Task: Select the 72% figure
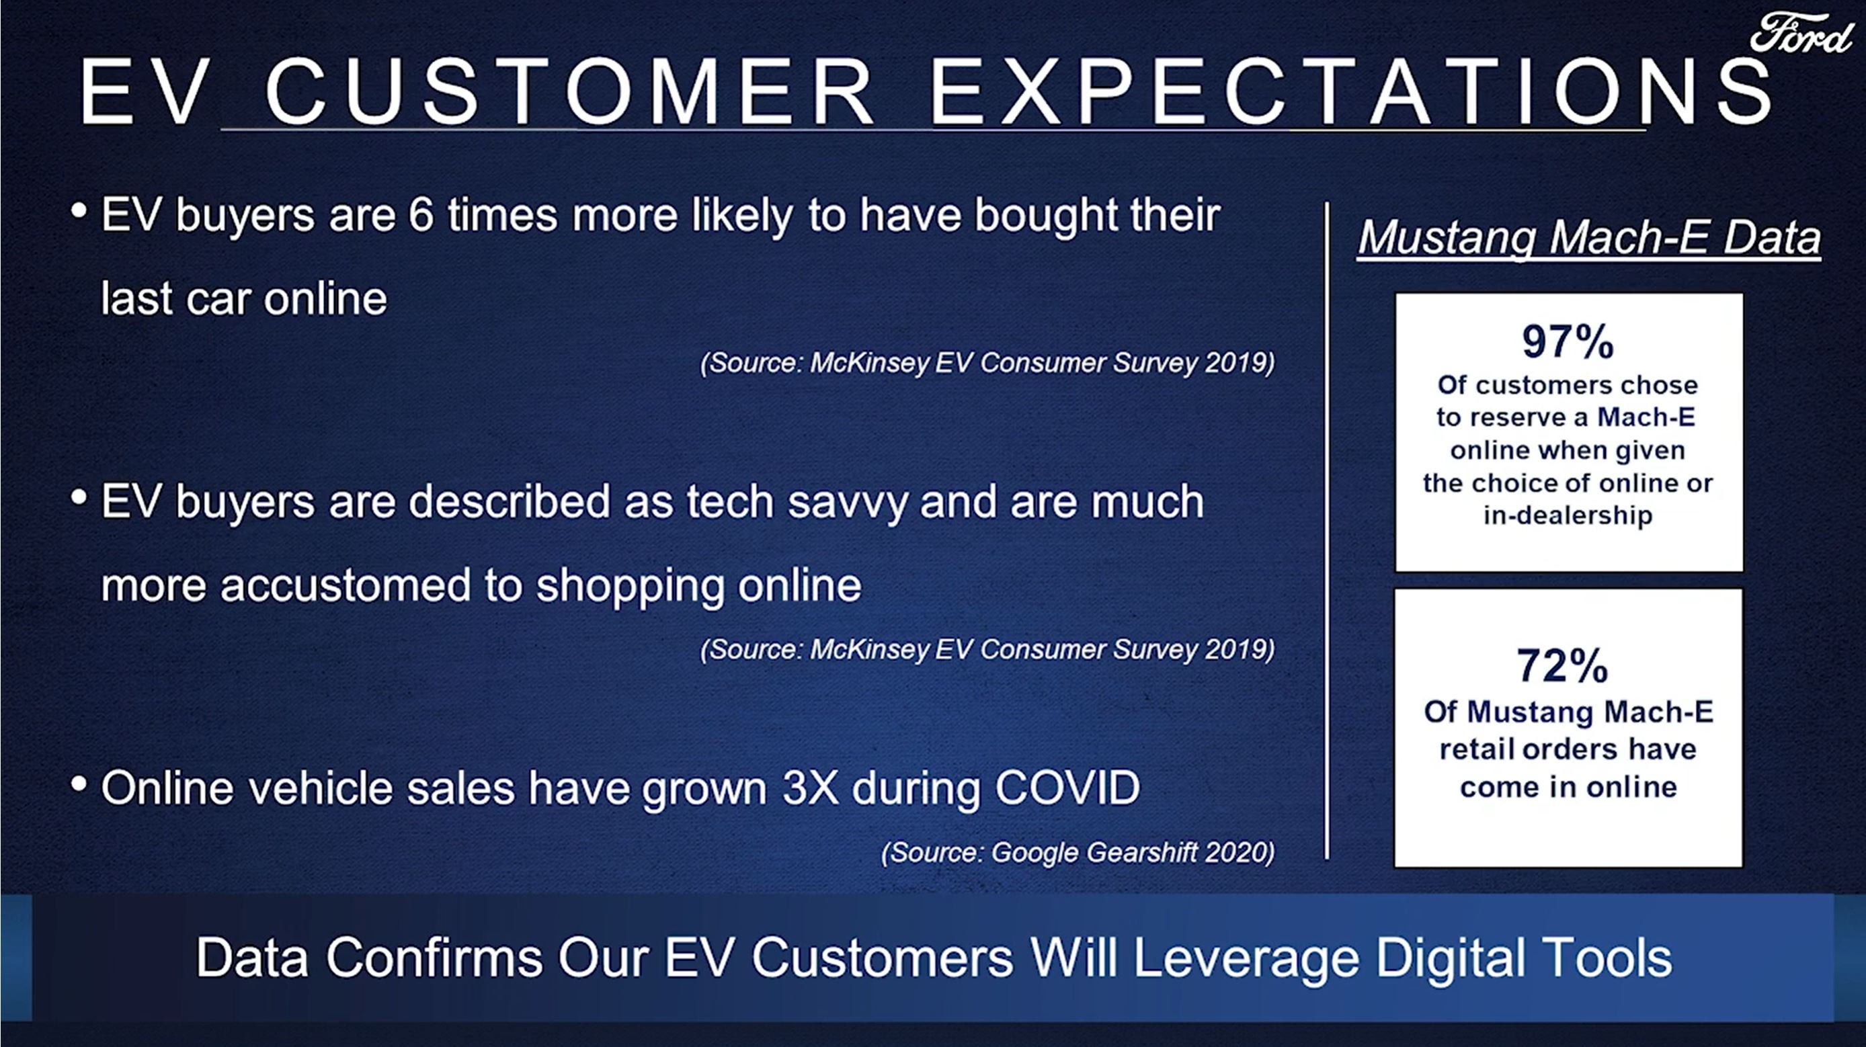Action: (1562, 665)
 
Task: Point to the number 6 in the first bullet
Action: (420, 215)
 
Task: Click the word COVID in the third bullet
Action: (1067, 788)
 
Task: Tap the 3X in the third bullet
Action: (810, 788)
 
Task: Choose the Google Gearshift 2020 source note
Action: (1078, 852)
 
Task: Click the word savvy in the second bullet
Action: (848, 503)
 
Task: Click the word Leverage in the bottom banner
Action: (1246, 958)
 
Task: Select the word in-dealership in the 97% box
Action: (1568, 515)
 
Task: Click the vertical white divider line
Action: (1327, 530)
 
